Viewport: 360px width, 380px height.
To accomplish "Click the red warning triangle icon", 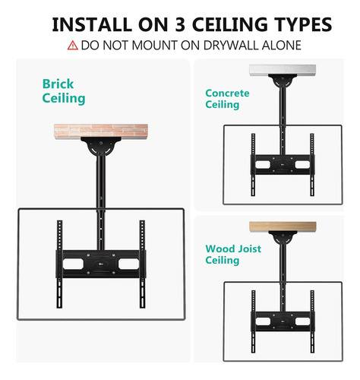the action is [72, 46].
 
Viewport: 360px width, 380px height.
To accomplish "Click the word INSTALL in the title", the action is [92, 24].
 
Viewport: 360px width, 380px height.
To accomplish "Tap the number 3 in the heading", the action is [180, 24].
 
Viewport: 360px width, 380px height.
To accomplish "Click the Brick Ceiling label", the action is [64, 91].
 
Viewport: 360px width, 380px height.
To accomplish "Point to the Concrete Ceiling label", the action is [227, 99].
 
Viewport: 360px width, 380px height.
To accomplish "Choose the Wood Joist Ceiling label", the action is [233, 255].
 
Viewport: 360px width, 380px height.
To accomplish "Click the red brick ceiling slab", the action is [101, 131].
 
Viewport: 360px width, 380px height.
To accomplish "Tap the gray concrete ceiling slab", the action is [283, 70].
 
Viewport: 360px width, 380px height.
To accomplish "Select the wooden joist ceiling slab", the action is [283, 226].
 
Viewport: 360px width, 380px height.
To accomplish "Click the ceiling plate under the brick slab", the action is [101, 146].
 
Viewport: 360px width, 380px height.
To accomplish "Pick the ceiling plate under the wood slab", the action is [283, 237].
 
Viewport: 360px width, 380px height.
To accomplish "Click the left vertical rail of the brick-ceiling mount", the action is [59, 264].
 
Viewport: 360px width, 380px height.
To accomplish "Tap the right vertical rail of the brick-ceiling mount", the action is [142, 264].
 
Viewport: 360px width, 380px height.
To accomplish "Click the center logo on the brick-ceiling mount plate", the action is [101, 264].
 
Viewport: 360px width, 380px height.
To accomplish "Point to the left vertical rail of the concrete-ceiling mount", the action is [253, 165].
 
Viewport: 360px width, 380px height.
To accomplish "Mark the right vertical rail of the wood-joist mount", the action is [312, 321].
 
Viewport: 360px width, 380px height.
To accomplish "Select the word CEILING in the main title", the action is [230, 24].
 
